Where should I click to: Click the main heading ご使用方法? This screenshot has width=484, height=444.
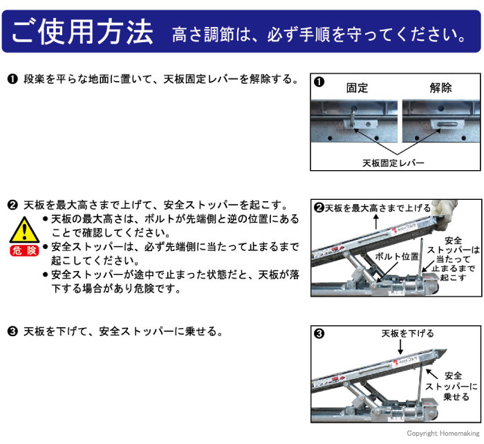click(x=82, y=31)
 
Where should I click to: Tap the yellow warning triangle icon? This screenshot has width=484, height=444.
click(x=24, y=228)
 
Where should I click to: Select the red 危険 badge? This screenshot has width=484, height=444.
click(x=24, y=250)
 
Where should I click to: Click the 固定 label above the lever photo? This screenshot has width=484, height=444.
click(x=357, y=88)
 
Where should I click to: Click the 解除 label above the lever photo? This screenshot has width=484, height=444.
click(x=440, y=88)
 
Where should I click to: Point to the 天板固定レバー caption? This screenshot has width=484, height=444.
click(x=393, y=163)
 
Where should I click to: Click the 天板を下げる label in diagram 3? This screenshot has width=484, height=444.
click(x=407, y=333)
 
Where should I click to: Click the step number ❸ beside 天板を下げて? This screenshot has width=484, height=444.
click(x=12, y=331)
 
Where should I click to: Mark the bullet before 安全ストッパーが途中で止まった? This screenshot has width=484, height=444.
click(x=46, y=275)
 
